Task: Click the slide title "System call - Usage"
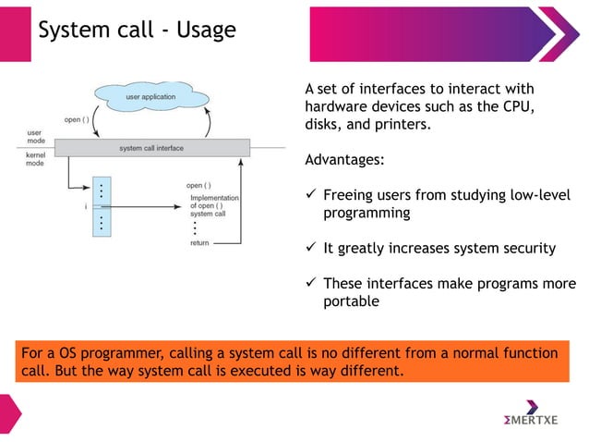click(x=137, y=31)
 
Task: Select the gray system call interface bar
click(x=151, y=148)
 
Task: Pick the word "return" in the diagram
click(x=199, y=243)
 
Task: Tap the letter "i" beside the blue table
click(x=86, y=206)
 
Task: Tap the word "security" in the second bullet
click(x=524, y=247)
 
